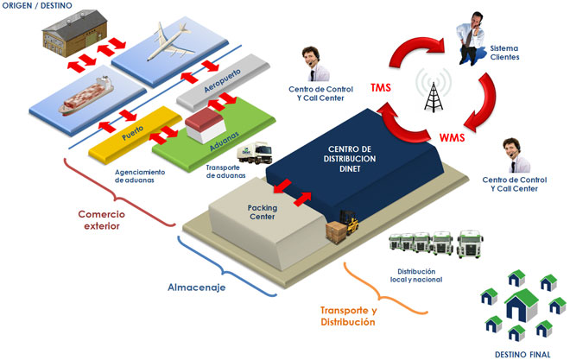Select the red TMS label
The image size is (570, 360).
pos(380,88)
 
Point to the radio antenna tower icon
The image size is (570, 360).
pos(429,90)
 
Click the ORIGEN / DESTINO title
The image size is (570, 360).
pos(39,7)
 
